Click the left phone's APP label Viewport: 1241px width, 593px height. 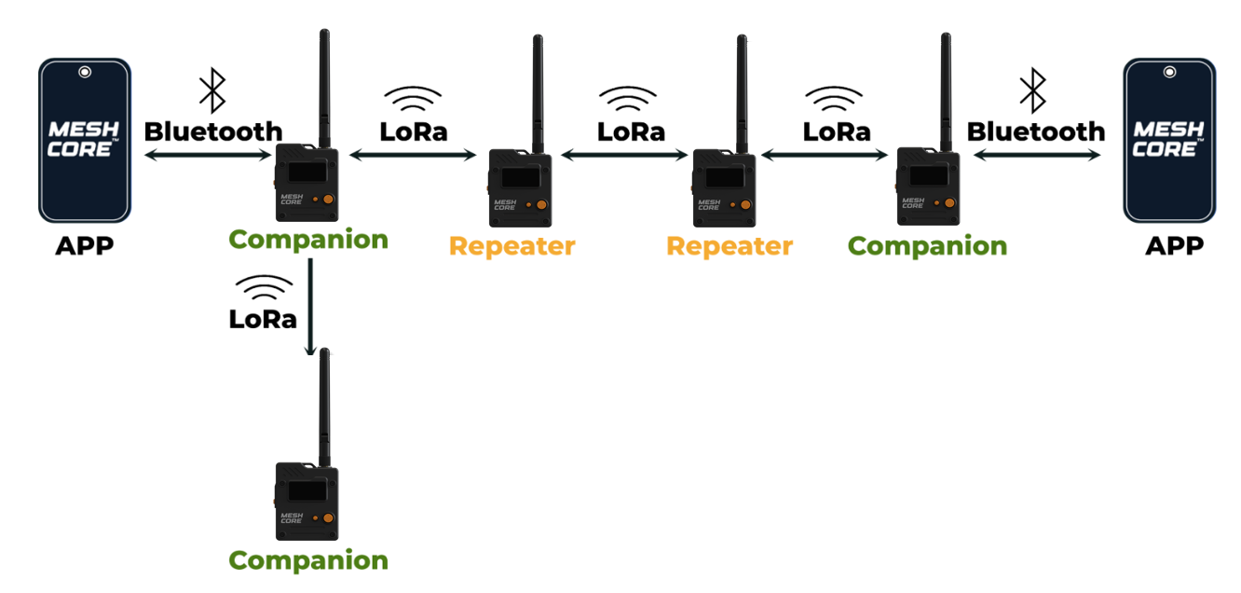84,246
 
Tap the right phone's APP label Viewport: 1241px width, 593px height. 1174,246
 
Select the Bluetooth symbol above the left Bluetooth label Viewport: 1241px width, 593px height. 212,92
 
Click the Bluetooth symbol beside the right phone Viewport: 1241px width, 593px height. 1032,92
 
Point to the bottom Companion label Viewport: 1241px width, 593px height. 308,560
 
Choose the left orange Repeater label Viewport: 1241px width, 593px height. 512,246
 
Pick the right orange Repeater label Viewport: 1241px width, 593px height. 730,246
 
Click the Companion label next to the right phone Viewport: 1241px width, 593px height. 927,246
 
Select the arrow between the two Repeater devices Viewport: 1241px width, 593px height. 626,157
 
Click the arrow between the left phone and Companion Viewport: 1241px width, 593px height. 207,157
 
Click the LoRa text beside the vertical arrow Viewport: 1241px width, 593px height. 263,319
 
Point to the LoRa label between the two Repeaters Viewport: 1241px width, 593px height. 631,131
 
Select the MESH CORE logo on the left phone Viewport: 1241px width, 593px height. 84,138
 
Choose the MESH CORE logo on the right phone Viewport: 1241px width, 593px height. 1168,138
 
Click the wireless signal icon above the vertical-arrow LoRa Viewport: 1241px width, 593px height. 263,286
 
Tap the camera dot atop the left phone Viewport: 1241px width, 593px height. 85,71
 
